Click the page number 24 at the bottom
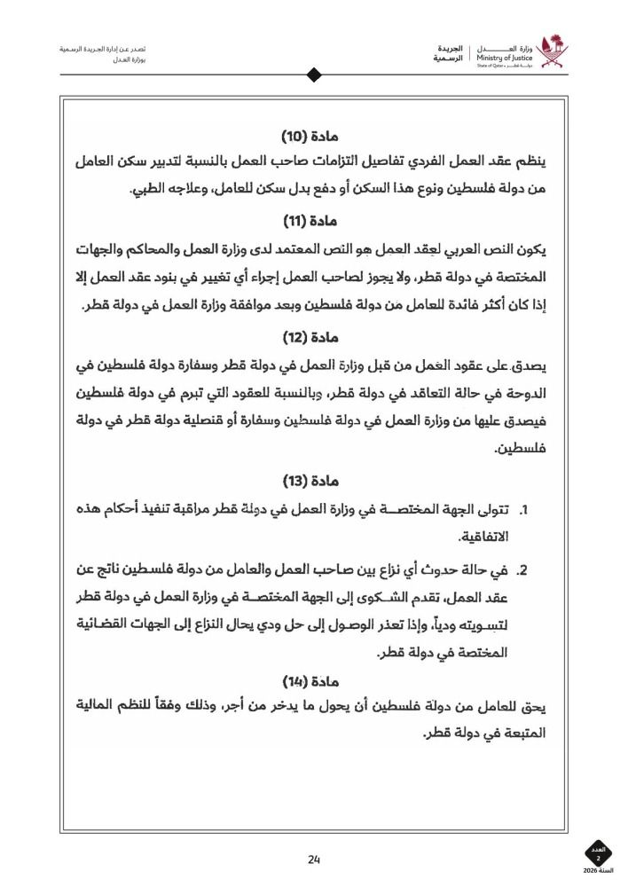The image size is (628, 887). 314,859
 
